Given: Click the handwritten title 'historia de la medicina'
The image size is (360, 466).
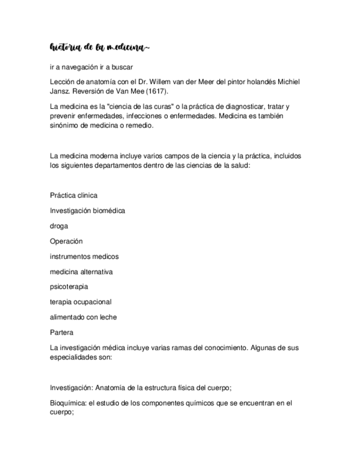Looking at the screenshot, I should tap(99, 48).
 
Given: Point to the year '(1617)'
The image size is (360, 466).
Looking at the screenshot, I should tap(157, 91).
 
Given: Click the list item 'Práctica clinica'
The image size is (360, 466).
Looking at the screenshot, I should tap(74, 195).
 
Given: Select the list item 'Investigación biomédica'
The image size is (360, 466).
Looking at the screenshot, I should tap(87, 210).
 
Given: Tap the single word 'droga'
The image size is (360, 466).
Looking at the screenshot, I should tap(59, 226).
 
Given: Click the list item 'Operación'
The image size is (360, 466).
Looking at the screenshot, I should tap(66, 241).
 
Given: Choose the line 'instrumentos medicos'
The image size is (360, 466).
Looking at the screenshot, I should tap(84, 256).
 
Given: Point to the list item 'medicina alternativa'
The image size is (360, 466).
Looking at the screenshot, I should tap(81, 271).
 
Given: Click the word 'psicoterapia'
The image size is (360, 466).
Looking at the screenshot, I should tap(69, 287).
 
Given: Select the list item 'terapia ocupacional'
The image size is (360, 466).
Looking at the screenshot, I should tap(81, 302).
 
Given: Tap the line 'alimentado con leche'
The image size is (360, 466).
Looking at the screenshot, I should tap(83, 317).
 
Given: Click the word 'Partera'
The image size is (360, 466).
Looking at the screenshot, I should tap(62, 332).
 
